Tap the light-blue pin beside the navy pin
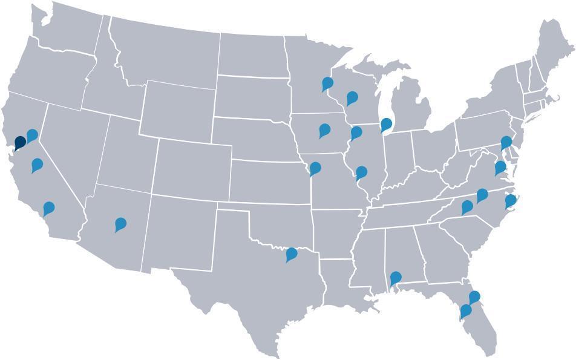[32, 136]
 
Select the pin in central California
[38, 164]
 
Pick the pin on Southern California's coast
[49, 208]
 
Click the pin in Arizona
[121, 224]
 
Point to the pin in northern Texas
[292, 254]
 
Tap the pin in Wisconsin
[352, 97]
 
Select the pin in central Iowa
[325, 129]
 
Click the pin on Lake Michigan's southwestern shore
[386, 125]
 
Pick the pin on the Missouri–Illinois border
[362, 172]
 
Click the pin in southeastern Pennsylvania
[506, 143]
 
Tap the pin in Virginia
[500, 167]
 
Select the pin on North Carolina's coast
[511, 200]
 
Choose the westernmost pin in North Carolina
[467, 206]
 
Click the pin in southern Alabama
[396, 278]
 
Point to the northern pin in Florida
[475, 296]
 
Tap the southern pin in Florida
[466, 311]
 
